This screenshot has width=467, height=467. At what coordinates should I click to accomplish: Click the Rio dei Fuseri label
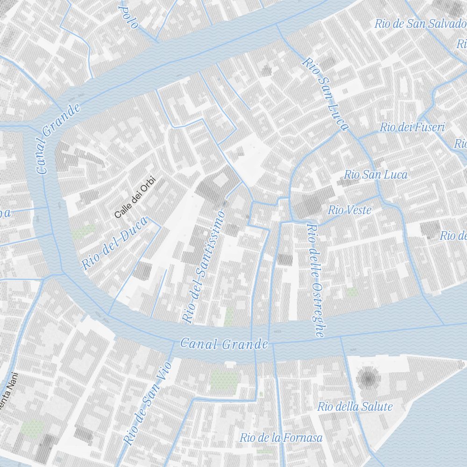[x=412, y=127]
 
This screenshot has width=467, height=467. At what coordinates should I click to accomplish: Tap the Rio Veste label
[x=349, y=210]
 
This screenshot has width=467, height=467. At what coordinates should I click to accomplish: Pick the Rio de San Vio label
[x=148, y=404]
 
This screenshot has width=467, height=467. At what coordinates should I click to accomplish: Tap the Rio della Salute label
[x=355, y=407]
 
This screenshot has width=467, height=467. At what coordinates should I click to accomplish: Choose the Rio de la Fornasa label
[x=281, y=438]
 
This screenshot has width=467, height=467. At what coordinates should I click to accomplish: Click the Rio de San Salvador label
[x=420, y=24]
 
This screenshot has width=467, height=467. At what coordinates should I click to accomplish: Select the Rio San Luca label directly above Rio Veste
[x=375, y=175]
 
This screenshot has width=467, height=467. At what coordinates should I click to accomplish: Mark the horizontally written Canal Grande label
[x=224, y=345]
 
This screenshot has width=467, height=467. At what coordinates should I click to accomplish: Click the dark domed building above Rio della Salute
[x=368, y=377]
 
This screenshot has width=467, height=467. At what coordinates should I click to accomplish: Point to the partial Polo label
[x=129, y=16]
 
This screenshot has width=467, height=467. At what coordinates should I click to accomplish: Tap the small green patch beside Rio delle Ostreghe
[x=352, y=292]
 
